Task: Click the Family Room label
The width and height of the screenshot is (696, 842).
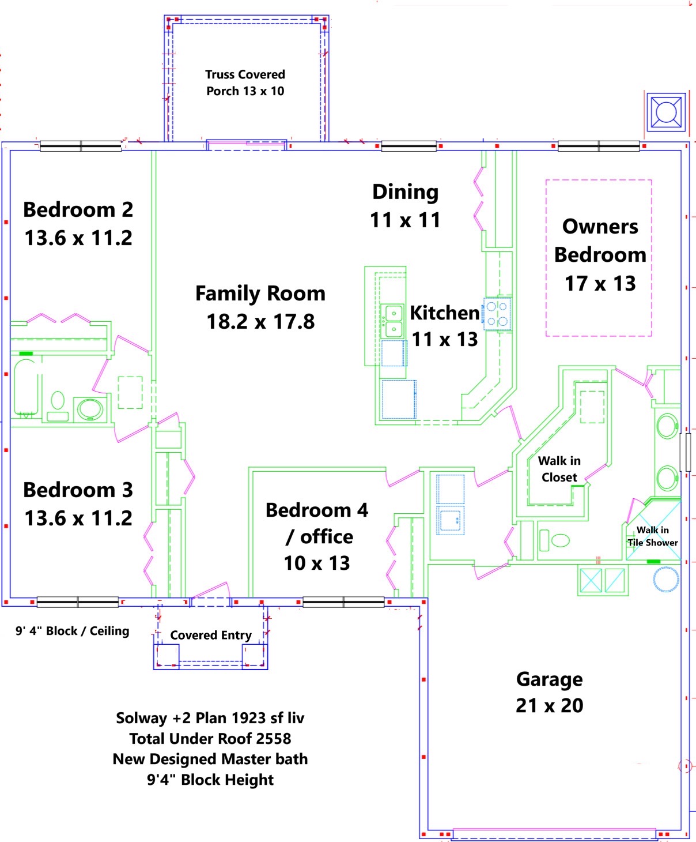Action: coord(260,307)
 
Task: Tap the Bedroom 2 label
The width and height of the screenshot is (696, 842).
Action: coord(78,223)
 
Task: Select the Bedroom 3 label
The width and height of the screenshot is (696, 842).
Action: coord(78,503)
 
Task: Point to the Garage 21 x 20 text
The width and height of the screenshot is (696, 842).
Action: coord(549,692)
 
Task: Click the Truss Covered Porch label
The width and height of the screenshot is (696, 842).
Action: coord(245,82)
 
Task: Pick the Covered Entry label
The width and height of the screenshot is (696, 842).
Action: coord(211,635)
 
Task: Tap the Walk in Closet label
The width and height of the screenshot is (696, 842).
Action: coord(559,469)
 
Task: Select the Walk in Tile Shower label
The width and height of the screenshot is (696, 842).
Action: coord(652,536)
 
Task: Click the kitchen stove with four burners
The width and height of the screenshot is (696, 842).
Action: coord(497,314)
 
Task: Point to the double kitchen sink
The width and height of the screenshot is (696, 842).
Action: coord(393,321)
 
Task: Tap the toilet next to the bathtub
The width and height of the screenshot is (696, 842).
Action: coord(58,405)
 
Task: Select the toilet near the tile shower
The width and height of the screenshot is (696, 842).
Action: coord(554,540)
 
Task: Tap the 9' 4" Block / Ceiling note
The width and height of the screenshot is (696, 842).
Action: coord(73,631)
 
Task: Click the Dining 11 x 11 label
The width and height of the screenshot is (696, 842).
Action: coord(405,206)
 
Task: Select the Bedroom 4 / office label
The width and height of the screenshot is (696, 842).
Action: coord(317,536)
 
